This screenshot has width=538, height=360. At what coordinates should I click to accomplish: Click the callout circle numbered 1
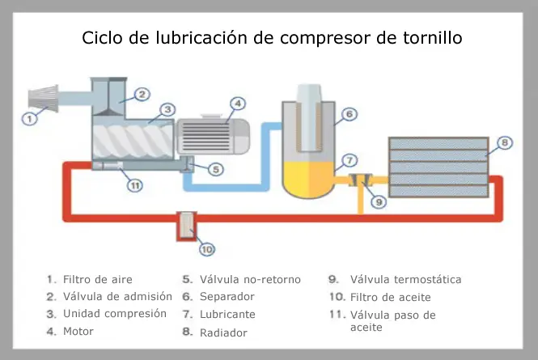[29, 119]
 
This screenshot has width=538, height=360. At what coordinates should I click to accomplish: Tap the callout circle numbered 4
[237, 104]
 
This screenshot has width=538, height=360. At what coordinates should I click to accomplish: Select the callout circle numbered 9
[379, 201]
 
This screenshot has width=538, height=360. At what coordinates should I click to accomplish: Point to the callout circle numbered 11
[135, 185]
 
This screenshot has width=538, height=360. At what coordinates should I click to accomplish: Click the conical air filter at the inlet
[43, 98]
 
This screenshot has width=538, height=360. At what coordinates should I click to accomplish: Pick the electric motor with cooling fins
[213, 136]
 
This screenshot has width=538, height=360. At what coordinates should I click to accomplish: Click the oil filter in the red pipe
[186, 227]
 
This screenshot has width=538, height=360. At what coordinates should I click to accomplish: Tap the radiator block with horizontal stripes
[438, 167]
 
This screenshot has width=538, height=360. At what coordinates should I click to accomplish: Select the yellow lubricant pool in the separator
[308, 179]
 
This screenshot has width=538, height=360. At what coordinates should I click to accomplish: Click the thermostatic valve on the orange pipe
[361, 180]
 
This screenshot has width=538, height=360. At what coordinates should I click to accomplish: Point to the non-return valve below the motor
[187, 164]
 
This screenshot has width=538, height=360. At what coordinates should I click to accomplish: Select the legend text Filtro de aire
[98, 279]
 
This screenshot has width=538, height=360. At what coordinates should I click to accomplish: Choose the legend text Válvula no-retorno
[250, 279]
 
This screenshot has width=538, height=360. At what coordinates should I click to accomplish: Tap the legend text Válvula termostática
[405, 279]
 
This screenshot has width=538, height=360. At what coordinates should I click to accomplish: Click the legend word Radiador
[223, 332]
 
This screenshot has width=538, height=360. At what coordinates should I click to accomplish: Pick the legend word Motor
[78, 331]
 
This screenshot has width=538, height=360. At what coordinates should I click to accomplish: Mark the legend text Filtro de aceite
[391, 297]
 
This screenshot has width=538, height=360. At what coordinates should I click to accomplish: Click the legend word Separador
[227, 297]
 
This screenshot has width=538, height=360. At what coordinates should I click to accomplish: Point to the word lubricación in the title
[201, 38]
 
